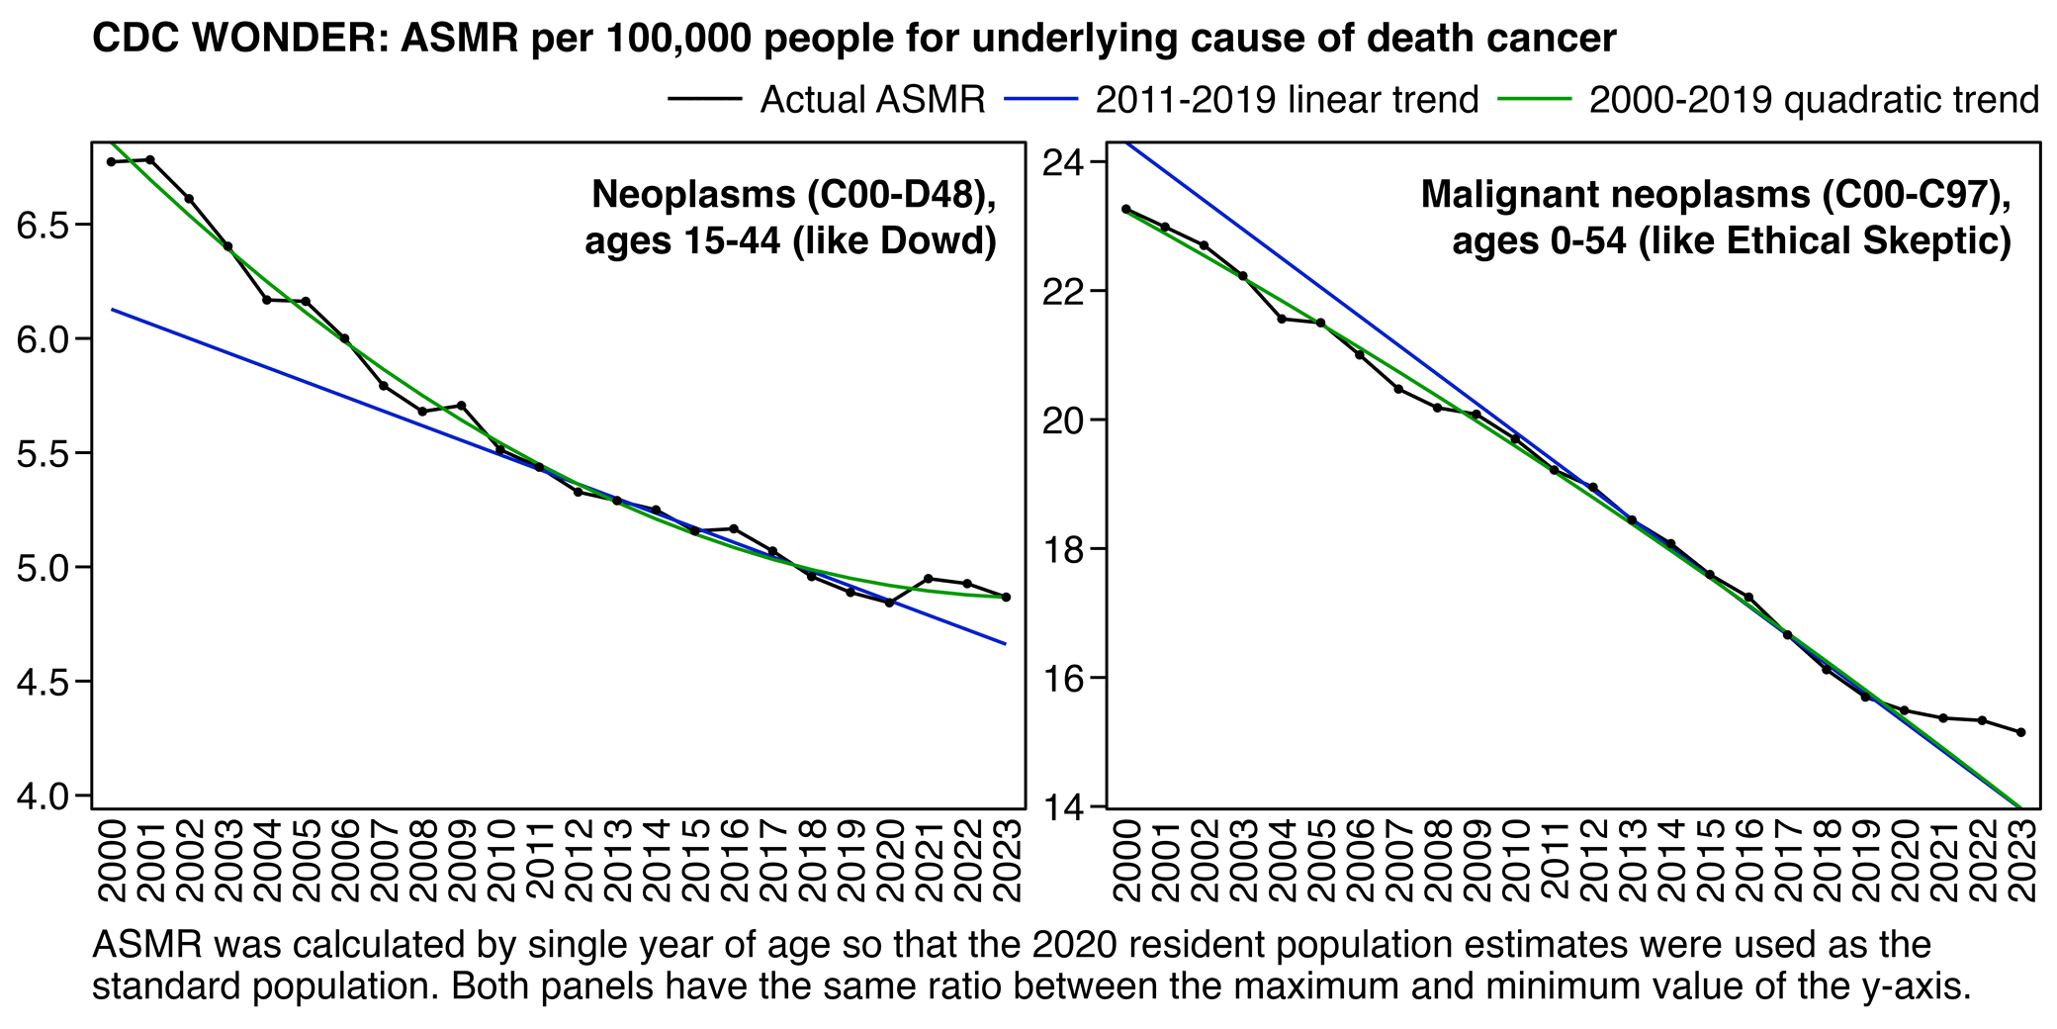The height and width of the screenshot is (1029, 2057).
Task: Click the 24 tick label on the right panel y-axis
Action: [x=1064, y=162]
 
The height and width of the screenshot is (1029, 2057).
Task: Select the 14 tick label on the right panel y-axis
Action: [x=1064, y=807]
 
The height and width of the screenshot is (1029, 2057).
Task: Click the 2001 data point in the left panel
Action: [x=150, y=159]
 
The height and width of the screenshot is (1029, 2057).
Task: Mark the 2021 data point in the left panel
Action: [x=928, y=579]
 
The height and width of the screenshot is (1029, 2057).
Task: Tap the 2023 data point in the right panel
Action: [x=2021, y=732]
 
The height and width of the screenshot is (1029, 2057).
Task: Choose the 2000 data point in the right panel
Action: [x=1126, y=209]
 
